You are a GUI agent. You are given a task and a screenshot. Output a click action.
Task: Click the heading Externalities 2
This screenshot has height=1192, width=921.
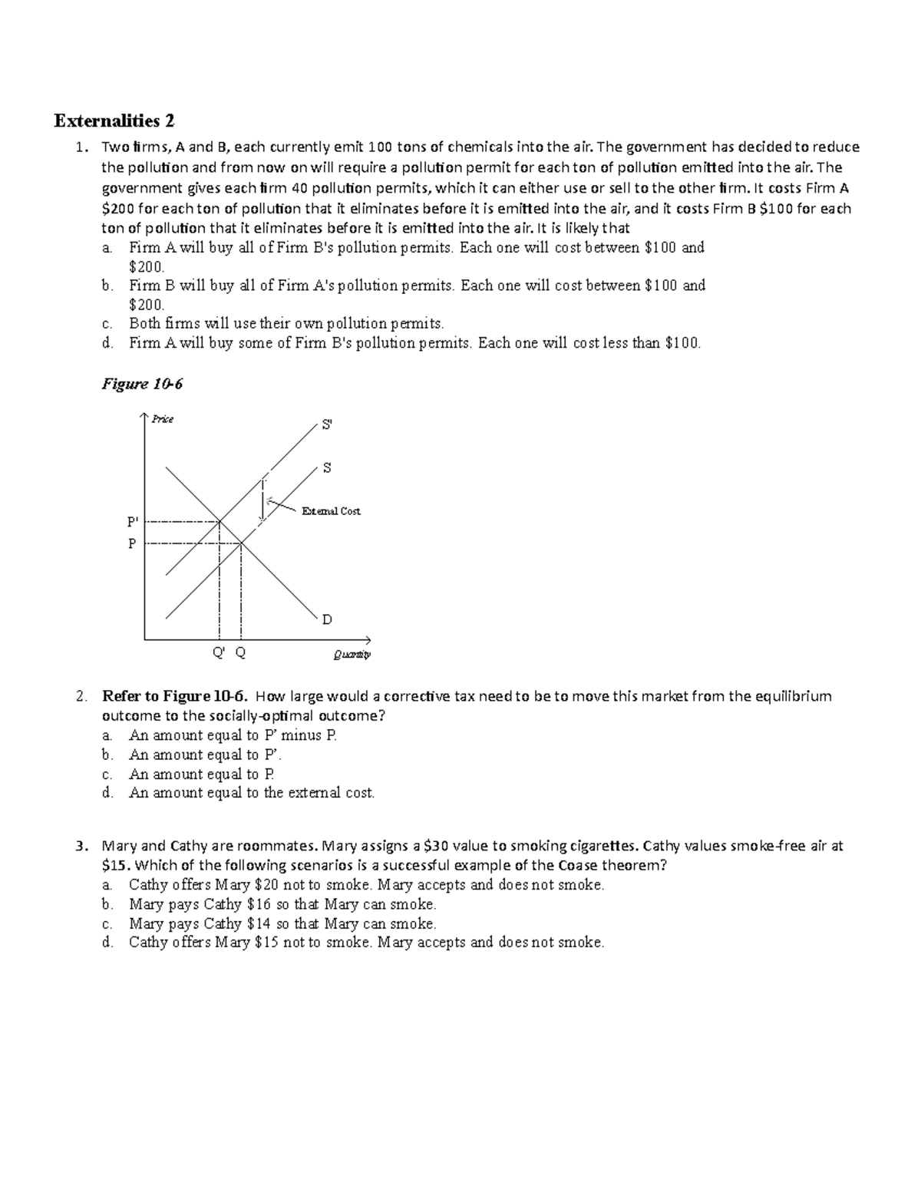coord(114,121)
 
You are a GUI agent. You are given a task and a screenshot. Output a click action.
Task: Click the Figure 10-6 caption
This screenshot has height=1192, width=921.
coord(142,384)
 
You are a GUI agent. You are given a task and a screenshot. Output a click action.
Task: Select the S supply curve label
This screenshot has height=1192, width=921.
coord(326,467)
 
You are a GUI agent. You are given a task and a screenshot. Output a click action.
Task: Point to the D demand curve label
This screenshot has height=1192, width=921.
coord(327,619)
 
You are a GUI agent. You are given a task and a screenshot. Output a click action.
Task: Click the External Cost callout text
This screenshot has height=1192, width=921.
coord(331,510)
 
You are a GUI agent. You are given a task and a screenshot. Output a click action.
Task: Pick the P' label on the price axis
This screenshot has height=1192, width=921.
coord(132,522)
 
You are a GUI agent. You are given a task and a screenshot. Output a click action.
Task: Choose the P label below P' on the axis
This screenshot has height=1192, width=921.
coord(131,543)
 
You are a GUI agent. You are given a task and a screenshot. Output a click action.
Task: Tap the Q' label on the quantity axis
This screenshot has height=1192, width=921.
coord(219,653)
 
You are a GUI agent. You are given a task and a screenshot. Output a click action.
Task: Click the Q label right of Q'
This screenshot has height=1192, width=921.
coord(240,653)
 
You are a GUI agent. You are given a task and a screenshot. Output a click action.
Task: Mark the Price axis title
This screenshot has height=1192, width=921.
coord(162,418)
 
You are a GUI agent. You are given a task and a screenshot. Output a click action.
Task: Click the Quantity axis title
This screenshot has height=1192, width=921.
coord(352,655)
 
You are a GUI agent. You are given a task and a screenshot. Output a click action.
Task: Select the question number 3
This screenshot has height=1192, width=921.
coord(81,846)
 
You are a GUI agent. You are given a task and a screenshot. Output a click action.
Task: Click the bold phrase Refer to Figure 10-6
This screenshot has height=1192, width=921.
coord(175,696)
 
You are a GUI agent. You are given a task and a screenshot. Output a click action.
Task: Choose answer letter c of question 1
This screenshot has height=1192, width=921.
coord(107,324)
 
